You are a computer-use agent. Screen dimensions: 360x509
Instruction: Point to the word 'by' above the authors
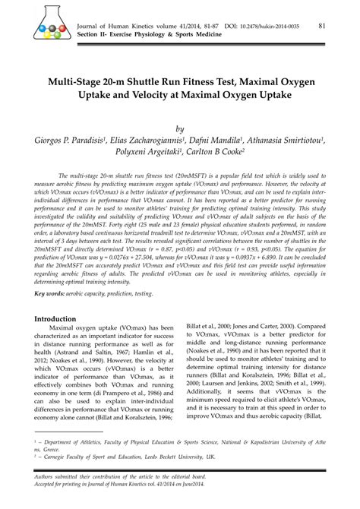tap(180, 128)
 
